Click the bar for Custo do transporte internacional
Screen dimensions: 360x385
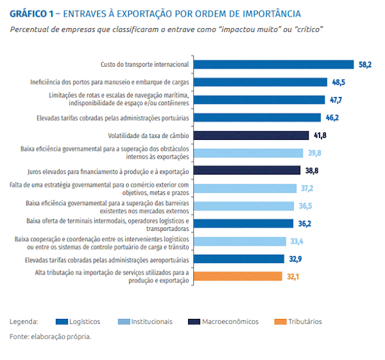point(273,64)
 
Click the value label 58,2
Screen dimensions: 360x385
point(364,64)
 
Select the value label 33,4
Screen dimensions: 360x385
point(297,241)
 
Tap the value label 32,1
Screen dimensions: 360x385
point(293,276)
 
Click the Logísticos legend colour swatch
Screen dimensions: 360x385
point(62,321)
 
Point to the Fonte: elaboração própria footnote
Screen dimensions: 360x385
point(50,336)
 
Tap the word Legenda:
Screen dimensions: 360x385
point(24,321)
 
